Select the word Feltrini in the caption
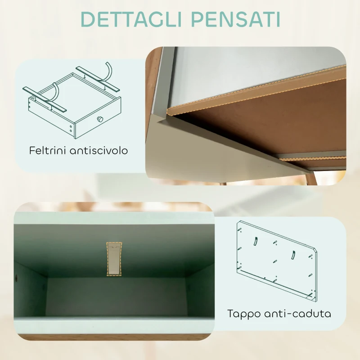coord(49,150)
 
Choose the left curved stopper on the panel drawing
coord(255,241)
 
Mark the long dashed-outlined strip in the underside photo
coord(256,88)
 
